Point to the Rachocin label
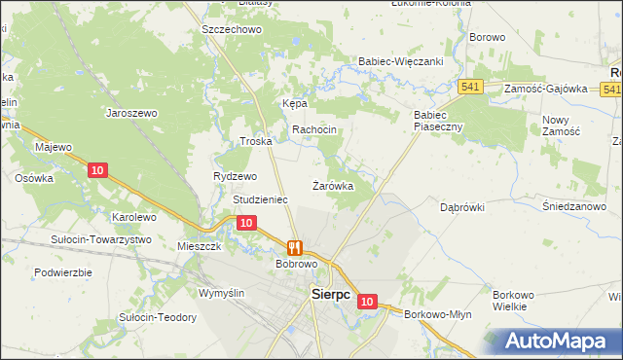[x=314, y=129]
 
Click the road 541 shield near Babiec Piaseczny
[x=472, y=87]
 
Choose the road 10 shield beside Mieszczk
[x=246, y=223]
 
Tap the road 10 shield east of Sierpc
[x=366, y=302]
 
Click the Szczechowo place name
[x=233, y=30]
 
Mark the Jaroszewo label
[x=131, y=113]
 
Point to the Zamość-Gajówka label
[x=546, y=89]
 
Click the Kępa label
[x=295, y=102]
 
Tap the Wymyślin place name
[x=227, y=292]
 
